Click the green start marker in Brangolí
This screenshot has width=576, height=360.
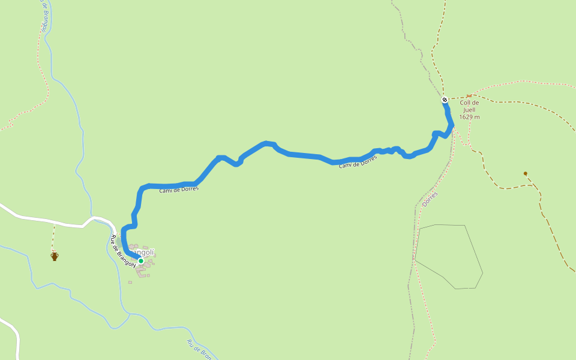click(140, 260)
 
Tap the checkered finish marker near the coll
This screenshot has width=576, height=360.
click(445, 100)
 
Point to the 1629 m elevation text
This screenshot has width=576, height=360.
click(469, 117)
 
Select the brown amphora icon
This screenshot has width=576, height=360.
click(55, 257)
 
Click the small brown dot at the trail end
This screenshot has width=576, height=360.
click(526, 173)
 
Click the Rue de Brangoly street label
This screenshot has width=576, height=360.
click(123, 251)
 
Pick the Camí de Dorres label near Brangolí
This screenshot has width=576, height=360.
click(179, 190)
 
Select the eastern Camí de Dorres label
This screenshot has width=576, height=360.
click(358, 162)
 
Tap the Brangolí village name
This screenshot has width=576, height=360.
click(146, 252)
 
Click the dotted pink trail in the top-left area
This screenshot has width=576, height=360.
click(44, 72)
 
